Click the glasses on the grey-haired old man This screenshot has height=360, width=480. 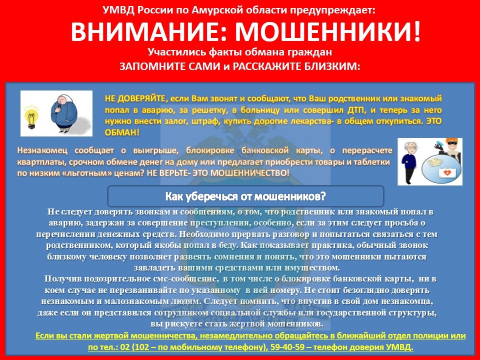pos(411,148)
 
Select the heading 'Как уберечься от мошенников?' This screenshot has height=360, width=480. pos(245,195)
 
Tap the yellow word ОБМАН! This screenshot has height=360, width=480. pos(122,133)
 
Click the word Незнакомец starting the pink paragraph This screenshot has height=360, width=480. pos(42,151)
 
